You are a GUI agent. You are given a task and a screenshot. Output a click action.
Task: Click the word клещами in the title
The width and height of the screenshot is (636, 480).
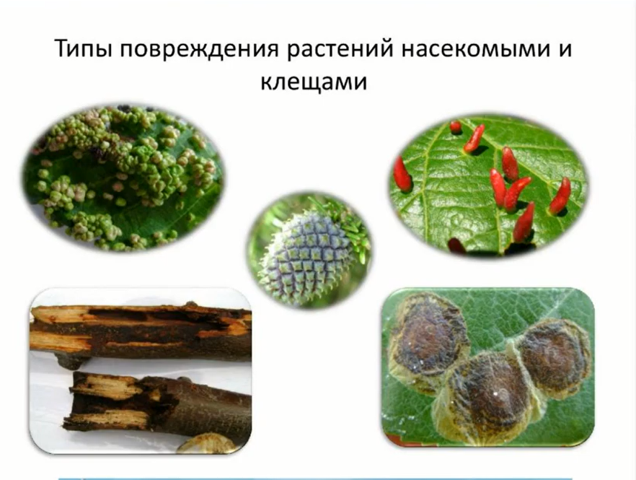pos(318,82)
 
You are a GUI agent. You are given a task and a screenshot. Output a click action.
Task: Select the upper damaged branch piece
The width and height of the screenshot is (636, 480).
pos(141,332)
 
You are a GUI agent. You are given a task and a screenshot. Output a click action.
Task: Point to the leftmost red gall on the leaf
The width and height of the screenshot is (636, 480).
pos(402,174)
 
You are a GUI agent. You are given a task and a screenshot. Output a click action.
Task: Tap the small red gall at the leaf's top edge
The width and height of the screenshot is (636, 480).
pos(456,127)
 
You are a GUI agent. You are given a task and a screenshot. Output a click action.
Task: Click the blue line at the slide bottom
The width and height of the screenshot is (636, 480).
pos(317,477)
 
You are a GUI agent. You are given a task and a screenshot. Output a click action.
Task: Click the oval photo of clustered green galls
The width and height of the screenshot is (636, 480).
pos(123,177)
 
